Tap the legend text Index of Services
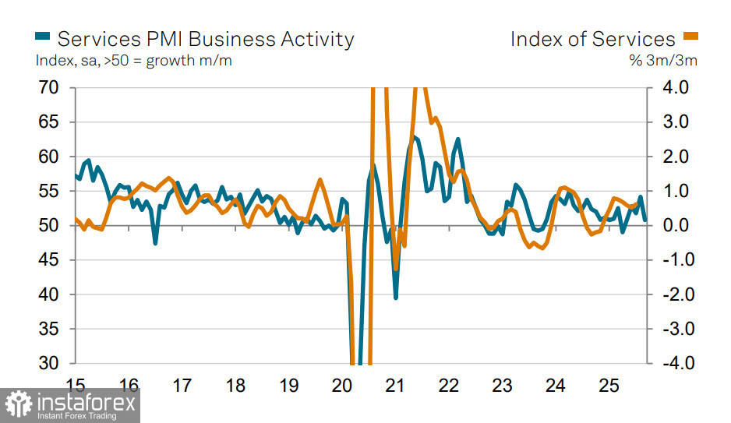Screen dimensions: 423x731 tap(592, 39)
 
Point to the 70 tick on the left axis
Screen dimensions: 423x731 tap(48, 88)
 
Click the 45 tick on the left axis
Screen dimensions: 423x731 tap(48, 260)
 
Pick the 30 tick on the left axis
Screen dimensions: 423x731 tap(48, 364)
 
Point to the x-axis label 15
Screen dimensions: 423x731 tap(76, 386)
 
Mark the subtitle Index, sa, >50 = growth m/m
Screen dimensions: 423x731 tap(133, 61)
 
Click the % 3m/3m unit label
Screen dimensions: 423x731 tap(663, 61)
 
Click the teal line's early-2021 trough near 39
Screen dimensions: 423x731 tap(396, 298)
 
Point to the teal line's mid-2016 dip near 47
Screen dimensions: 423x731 tap(155, 243)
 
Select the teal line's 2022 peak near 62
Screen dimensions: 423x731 tap(458, 139)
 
